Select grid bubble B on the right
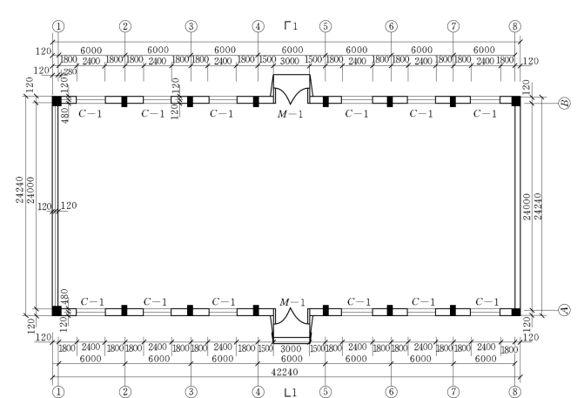pos(565,104)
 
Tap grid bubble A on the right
pos(565,310)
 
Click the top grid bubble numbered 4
pos(258,26)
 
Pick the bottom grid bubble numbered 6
pos(391,392)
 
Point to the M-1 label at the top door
pos(290,114)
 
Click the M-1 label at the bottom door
pos(292,302)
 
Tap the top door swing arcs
pos(292,96)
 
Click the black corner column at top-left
pos(57,101)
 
